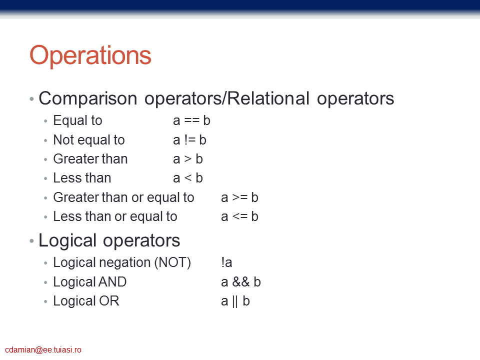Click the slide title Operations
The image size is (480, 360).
pos(90,55)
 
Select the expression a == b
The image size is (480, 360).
pos(191,120)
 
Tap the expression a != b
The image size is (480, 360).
pos(189,140)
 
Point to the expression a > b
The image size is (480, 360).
pos(188,159)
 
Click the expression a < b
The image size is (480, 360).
pos(188,178)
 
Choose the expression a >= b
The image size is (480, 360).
pos(239,197)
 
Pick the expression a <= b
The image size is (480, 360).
pos(239,216)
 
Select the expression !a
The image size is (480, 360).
pos(226,262)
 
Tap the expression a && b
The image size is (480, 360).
pos(241,282)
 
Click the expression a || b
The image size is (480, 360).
pos(235,301)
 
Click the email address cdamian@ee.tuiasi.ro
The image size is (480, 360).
pos(43,349)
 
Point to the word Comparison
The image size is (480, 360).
pos(88,99)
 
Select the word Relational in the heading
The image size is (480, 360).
pos(268,98)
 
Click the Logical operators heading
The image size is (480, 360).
pos(109,240)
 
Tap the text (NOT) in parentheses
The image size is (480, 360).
pos(172,262)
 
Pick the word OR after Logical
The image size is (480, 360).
pos(109,301)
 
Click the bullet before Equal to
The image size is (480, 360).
pos(45,121)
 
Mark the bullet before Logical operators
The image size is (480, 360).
pos(31,241)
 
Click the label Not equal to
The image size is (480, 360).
pos(89,140)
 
